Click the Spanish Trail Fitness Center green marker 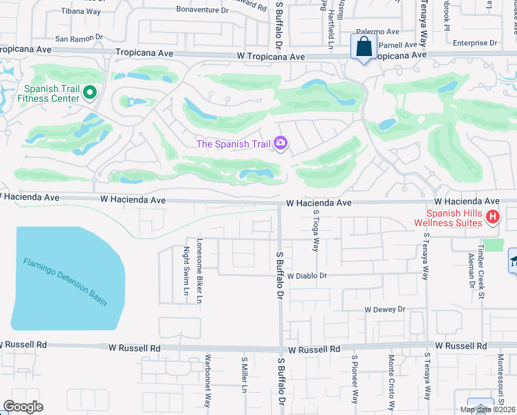[x=89, y=92]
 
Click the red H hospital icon [x=492, y=218]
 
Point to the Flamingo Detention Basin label [x=65, y=282]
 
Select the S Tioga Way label [x=316, y=232]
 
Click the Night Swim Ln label [x=186, y=271]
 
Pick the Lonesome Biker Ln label [x=199, y=271]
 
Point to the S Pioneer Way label [x=355, y=380]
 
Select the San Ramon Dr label [x=79, y=38]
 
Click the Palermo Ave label [x=378, y=32]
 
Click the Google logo [x=23, y=407]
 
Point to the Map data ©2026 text [x=487, y=409]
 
